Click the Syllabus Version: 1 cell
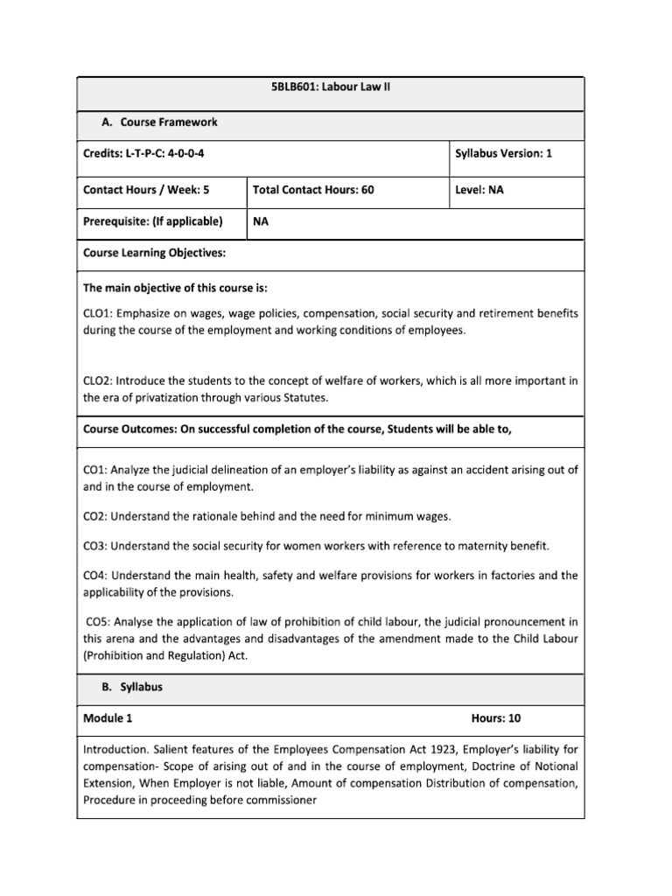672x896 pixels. tap(503, 153)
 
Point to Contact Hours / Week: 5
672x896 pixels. tap(146, 189)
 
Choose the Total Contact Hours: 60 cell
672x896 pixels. tap(313, 189)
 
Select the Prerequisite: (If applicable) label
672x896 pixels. tap(152, 221)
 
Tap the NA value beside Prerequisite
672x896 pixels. tap(261, 221)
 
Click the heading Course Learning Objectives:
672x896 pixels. tap(154, 253)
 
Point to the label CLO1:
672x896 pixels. tap(99, 312)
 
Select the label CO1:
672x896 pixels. tap(96, 470)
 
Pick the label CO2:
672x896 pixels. tap(96, 516)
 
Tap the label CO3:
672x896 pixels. tap(96, 546)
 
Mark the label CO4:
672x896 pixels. tap(96, 576)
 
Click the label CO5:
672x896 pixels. tap(100, 622)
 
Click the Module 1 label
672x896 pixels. tap(108, 718)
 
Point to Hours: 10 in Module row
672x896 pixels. tap(496, 718)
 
